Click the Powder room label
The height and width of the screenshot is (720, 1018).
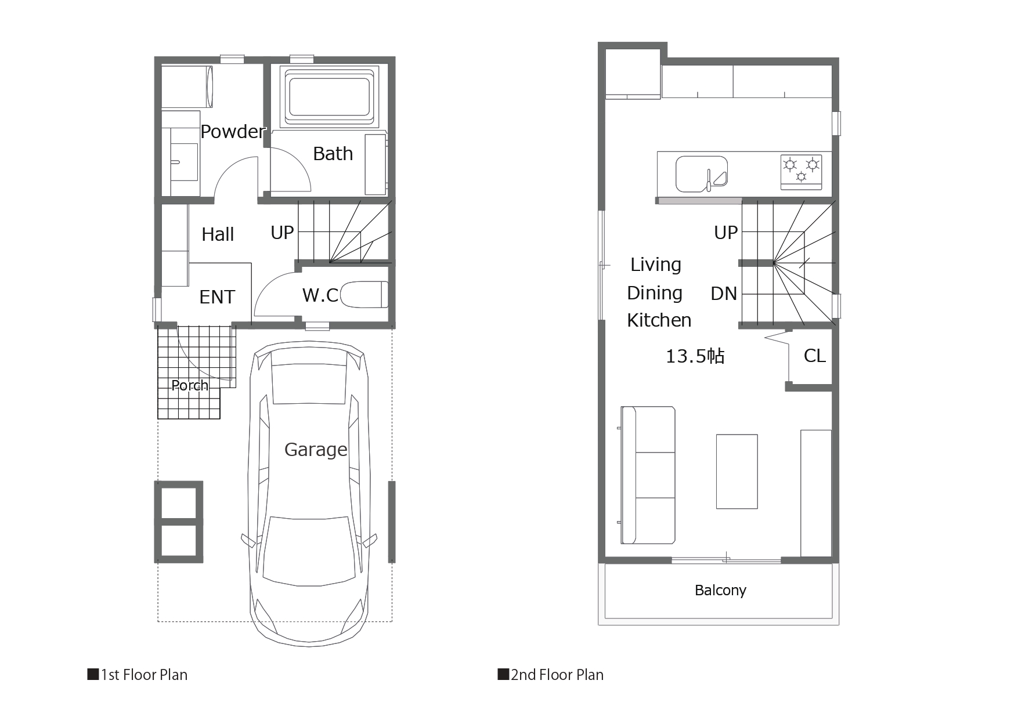point(233,132)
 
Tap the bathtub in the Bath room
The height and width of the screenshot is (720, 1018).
point(328,96)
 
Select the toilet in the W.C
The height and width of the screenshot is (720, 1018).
point(364,294)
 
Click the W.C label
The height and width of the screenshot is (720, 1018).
point(320,295)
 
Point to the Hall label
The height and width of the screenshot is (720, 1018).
point(218,234)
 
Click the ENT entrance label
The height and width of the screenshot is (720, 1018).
point(217,297)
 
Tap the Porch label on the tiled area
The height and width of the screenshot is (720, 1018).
point(190,385)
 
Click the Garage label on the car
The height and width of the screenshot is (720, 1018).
point(316,450)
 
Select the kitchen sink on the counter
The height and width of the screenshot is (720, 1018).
point(702,173)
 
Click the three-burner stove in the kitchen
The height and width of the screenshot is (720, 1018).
point(802,171)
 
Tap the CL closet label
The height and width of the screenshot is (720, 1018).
point(814,356)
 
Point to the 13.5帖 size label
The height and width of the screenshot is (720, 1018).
point(695,356)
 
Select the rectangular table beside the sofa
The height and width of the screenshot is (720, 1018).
point(737,472)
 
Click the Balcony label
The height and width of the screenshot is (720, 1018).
point(720,591)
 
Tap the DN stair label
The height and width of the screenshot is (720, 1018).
point(724,294)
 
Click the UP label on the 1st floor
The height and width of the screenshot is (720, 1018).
point(282,233)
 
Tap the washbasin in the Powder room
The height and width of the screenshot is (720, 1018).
point(185,162)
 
